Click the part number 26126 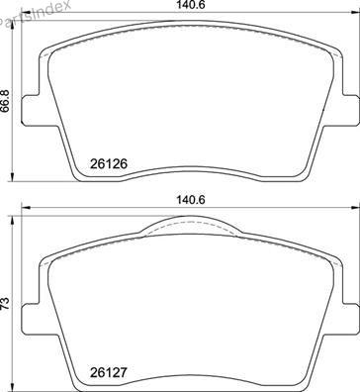109,163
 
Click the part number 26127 109,373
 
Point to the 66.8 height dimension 5,101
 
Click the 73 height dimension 5,303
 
